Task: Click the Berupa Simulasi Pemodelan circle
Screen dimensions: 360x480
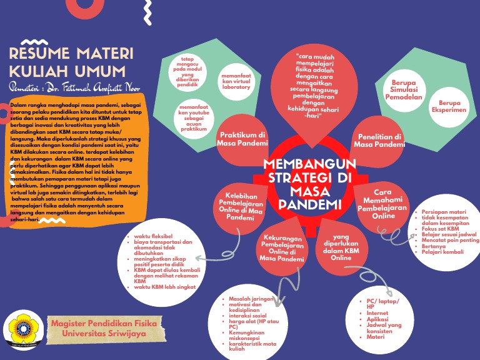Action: coord(406,89)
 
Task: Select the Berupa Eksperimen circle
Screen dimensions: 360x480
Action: coord(449,106)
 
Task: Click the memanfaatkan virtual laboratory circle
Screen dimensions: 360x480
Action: coord(236,81)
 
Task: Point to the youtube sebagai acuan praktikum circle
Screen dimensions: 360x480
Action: coord(194,117)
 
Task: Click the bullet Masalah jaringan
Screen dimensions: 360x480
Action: coord(252,299)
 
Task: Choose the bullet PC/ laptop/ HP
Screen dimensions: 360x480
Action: coord(382,304)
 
